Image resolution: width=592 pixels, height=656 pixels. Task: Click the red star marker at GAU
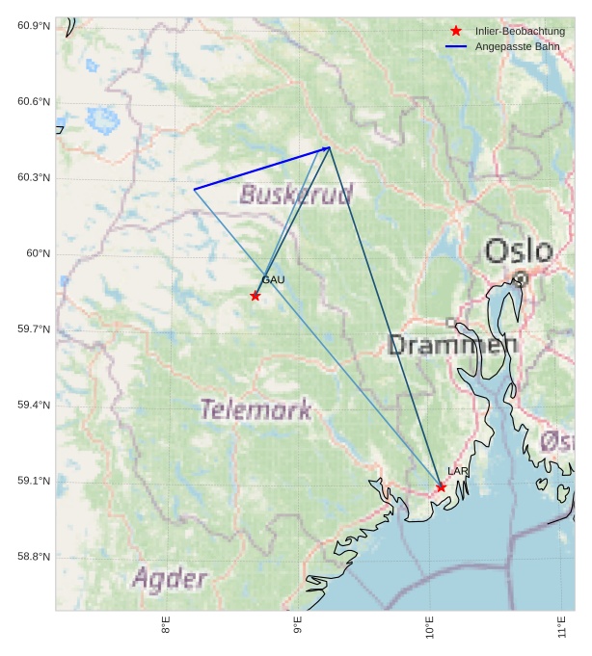[x=255, y=296]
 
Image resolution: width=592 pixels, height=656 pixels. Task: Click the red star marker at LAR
[x=441, y=487]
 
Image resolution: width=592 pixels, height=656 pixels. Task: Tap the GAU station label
[x=273, y=280]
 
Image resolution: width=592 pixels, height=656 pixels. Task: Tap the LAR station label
[x=457, y=471]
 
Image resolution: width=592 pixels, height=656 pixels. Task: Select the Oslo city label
[x=519, y=251]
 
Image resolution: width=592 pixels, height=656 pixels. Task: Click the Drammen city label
[x=452, y=345]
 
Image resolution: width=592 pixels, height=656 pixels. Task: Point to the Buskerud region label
[x=296, y=196]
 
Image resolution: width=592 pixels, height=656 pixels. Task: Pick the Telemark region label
[x=256, y=410]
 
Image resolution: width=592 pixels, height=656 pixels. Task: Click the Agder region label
[x=170, y=579]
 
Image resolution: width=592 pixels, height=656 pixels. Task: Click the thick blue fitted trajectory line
[x=261, y=169]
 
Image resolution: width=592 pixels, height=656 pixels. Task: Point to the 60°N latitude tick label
[x=38, y=253]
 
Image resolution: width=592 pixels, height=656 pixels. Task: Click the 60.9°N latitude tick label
[x=34, y=26]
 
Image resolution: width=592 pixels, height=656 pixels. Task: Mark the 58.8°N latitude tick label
[x=34, y=557]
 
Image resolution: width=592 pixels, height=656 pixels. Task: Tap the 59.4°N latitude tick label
[x=34, y=406]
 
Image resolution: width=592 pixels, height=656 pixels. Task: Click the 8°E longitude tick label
[x=166, y=626]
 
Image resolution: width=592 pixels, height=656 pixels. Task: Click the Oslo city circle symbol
[x=521, y=279]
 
